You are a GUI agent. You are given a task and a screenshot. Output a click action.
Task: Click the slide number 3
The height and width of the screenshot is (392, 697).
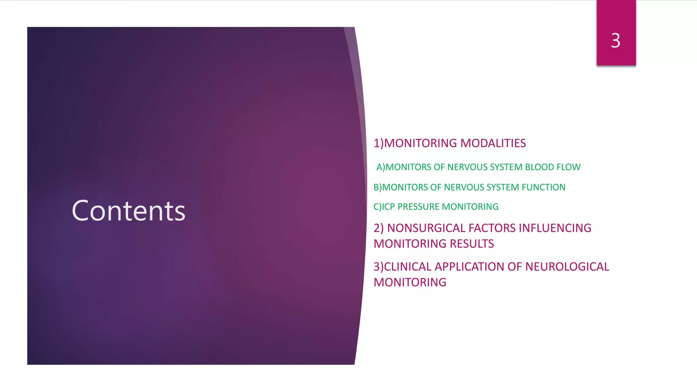(x=616, y=40)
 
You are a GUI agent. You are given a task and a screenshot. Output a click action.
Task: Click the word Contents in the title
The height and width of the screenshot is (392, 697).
(x=129, y=211)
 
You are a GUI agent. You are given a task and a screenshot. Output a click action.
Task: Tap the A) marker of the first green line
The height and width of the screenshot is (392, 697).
(x=380, y=167)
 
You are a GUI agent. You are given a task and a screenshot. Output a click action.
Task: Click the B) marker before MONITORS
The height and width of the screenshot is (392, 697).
(x=378, y=187)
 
